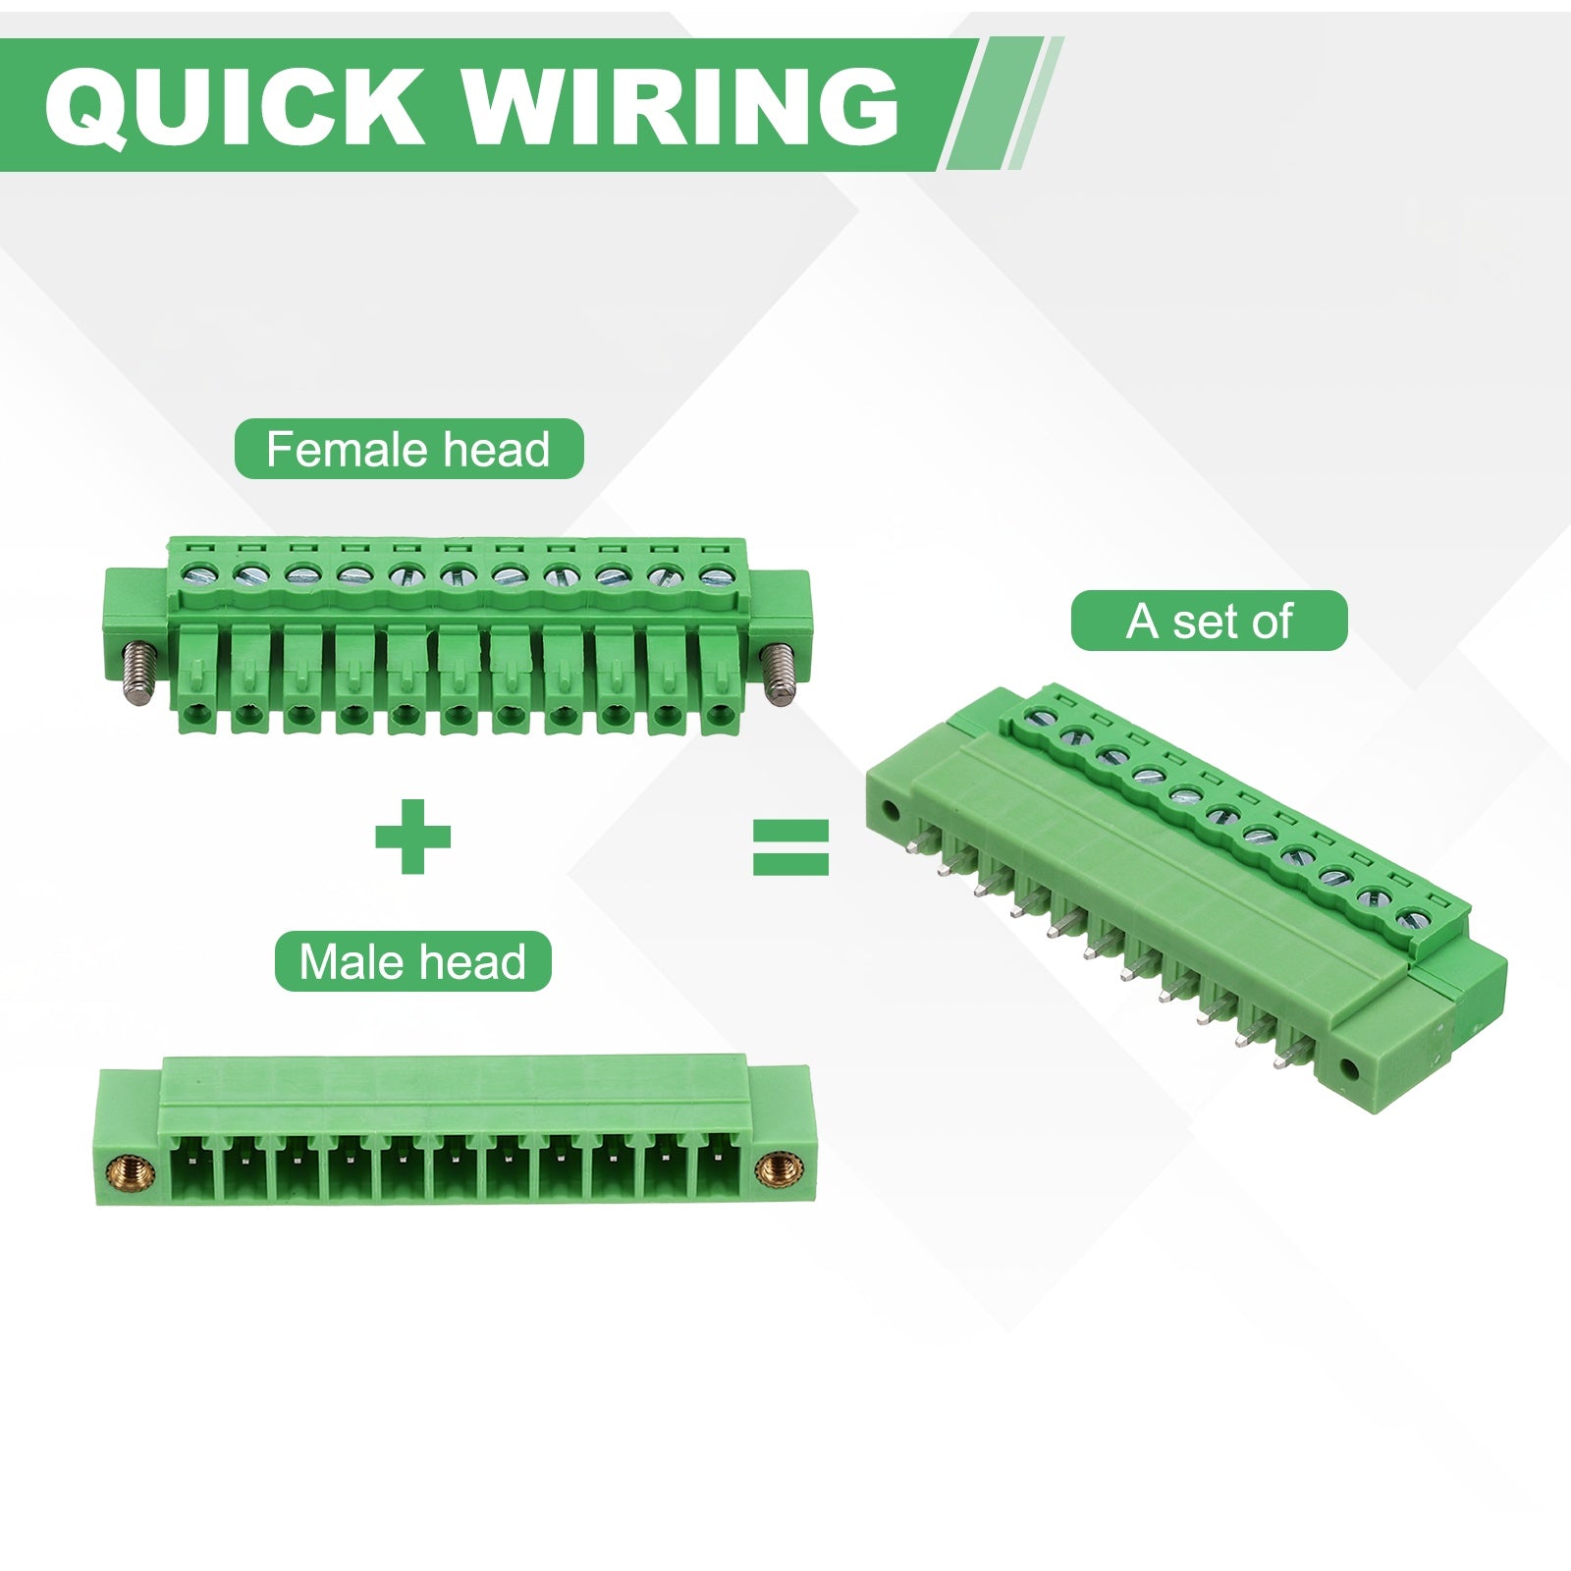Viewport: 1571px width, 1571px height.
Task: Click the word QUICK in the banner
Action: point(233,106)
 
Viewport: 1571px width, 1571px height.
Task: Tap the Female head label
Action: point(408,450)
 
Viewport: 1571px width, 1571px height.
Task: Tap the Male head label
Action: point(412,961)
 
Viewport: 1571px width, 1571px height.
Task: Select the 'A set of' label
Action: point(1209,621)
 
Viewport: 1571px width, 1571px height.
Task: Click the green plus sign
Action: point(412,837)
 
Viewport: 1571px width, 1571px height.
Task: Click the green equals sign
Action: point(790,847)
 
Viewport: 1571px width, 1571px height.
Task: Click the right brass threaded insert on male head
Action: point(778,1168)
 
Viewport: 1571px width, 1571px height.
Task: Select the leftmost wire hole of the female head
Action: point(197,716)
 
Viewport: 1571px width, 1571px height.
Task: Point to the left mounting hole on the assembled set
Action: point(891,811)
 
